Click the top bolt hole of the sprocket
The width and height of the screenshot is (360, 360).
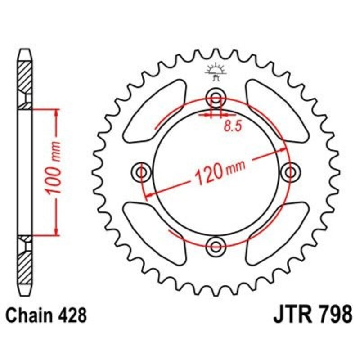tap(216, 98)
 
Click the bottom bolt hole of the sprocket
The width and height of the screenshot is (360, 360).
tap(216, 245)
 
